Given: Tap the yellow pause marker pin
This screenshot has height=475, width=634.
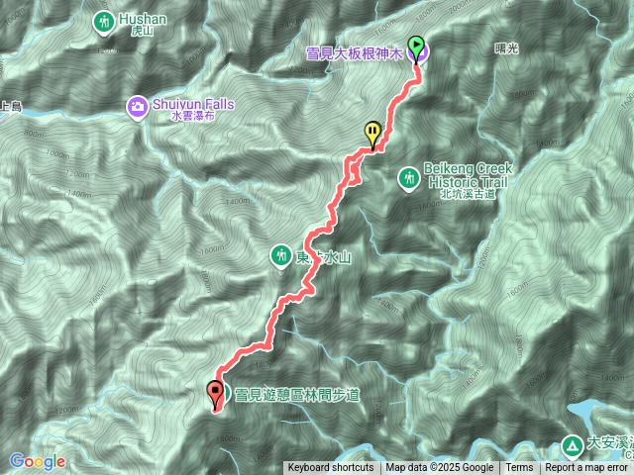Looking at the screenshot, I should tap(372, 132).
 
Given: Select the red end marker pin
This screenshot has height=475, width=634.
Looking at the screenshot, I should tap(214, 392).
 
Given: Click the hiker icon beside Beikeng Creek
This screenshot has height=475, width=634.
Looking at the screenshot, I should tap(407, 178).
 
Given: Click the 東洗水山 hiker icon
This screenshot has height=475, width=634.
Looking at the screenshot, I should tap(281, 256).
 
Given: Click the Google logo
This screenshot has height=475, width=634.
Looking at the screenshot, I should tap(37, 461).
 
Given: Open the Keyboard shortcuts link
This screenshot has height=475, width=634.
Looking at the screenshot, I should tap(331, 468).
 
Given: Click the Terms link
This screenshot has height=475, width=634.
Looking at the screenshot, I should tap(519, 468).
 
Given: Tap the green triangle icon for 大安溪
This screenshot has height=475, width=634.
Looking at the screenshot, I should tap(574, 445).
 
